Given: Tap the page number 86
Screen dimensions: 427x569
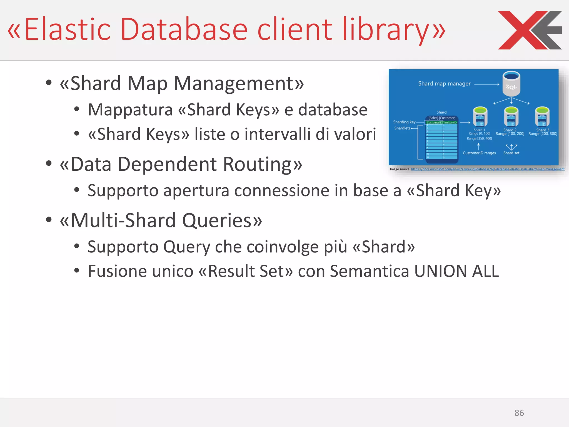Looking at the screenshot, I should click(x=519, y=413).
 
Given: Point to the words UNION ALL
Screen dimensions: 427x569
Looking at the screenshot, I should click(x=456, y=271).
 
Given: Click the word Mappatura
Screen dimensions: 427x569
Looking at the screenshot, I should click(x=130, y=110).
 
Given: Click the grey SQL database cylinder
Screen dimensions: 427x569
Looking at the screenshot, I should click(x=511, y=84).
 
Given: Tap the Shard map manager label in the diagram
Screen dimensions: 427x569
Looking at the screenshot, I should click(x=444, y=84).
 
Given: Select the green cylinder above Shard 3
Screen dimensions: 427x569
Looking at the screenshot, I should click(x=542, y=117).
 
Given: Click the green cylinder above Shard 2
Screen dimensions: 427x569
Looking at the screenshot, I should click(x=511, y=117).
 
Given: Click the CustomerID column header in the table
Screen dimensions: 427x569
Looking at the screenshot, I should click(x=434, y=123).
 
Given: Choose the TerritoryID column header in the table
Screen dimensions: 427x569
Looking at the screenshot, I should click(x=450, y=123).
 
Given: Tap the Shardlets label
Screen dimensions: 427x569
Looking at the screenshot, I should click(x=402, y=128).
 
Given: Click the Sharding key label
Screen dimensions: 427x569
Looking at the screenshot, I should click(x=404, y=122).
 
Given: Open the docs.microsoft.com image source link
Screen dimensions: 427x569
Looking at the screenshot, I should click(x=488, y=169).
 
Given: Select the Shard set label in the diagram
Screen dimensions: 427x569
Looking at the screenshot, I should click(x=511, y=153).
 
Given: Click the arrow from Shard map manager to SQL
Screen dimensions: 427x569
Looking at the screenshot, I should click(x=486, y=84).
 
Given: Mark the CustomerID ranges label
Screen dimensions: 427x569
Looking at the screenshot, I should click(x=479, y=153).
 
